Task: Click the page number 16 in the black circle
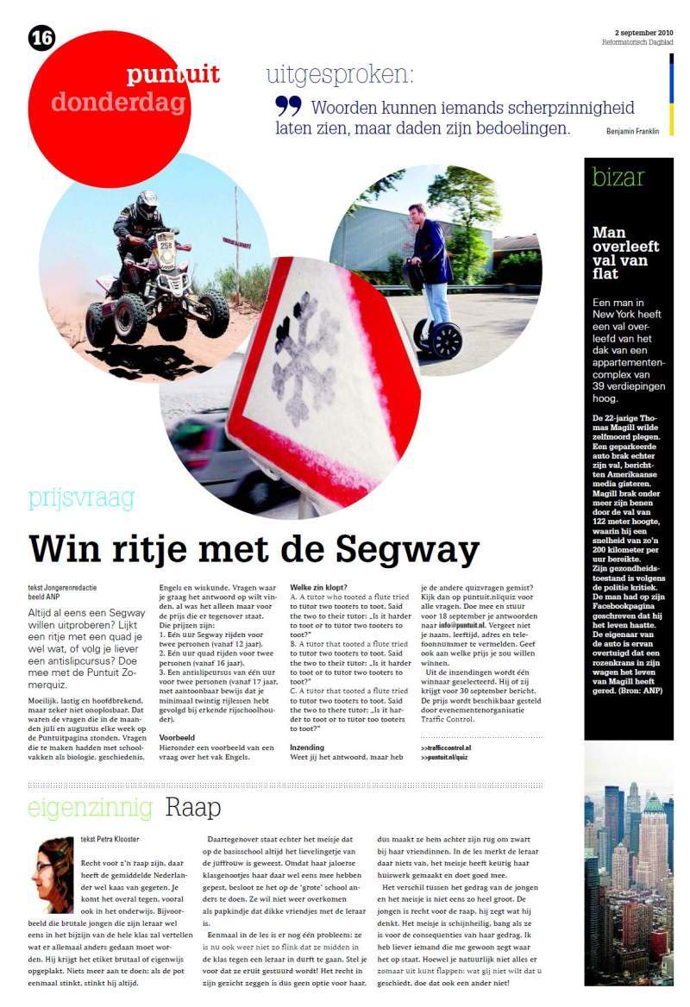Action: (41, 38)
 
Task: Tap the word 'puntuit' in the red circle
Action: (172, 75)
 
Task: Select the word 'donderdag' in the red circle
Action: (118, 103)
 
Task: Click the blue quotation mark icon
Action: (288, 106)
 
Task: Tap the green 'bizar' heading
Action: (618, 178)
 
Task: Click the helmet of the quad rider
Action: (147, 204)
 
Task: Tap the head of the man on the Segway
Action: (416, 212)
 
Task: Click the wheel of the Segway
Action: (446, 340)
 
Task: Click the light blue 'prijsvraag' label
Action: (81, 498)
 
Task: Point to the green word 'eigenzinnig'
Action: (90, 808)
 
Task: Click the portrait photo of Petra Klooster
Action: (53, 873)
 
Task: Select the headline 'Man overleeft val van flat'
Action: (625, 253)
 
